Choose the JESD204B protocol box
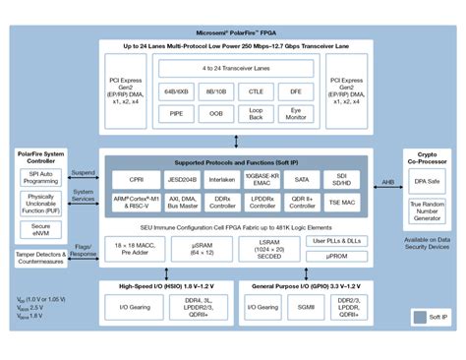(182, 180)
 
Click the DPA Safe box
(427, 181)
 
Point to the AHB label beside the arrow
(387, 183)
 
